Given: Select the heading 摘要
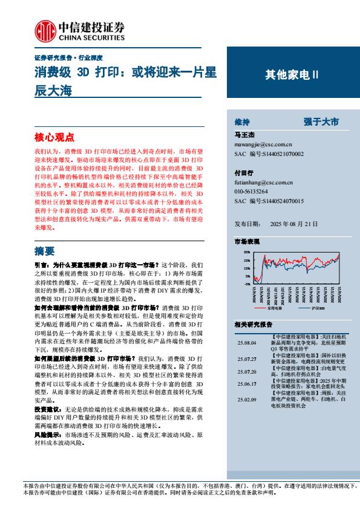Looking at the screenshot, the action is (44, 251).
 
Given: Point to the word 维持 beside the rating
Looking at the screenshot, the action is (241, 122).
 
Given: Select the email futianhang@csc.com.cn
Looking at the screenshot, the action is (263, 182).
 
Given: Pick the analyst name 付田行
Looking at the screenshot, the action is (243, 173).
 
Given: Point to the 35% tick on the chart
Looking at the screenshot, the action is (247, 251).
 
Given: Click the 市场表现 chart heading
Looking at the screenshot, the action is (247, 241).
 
